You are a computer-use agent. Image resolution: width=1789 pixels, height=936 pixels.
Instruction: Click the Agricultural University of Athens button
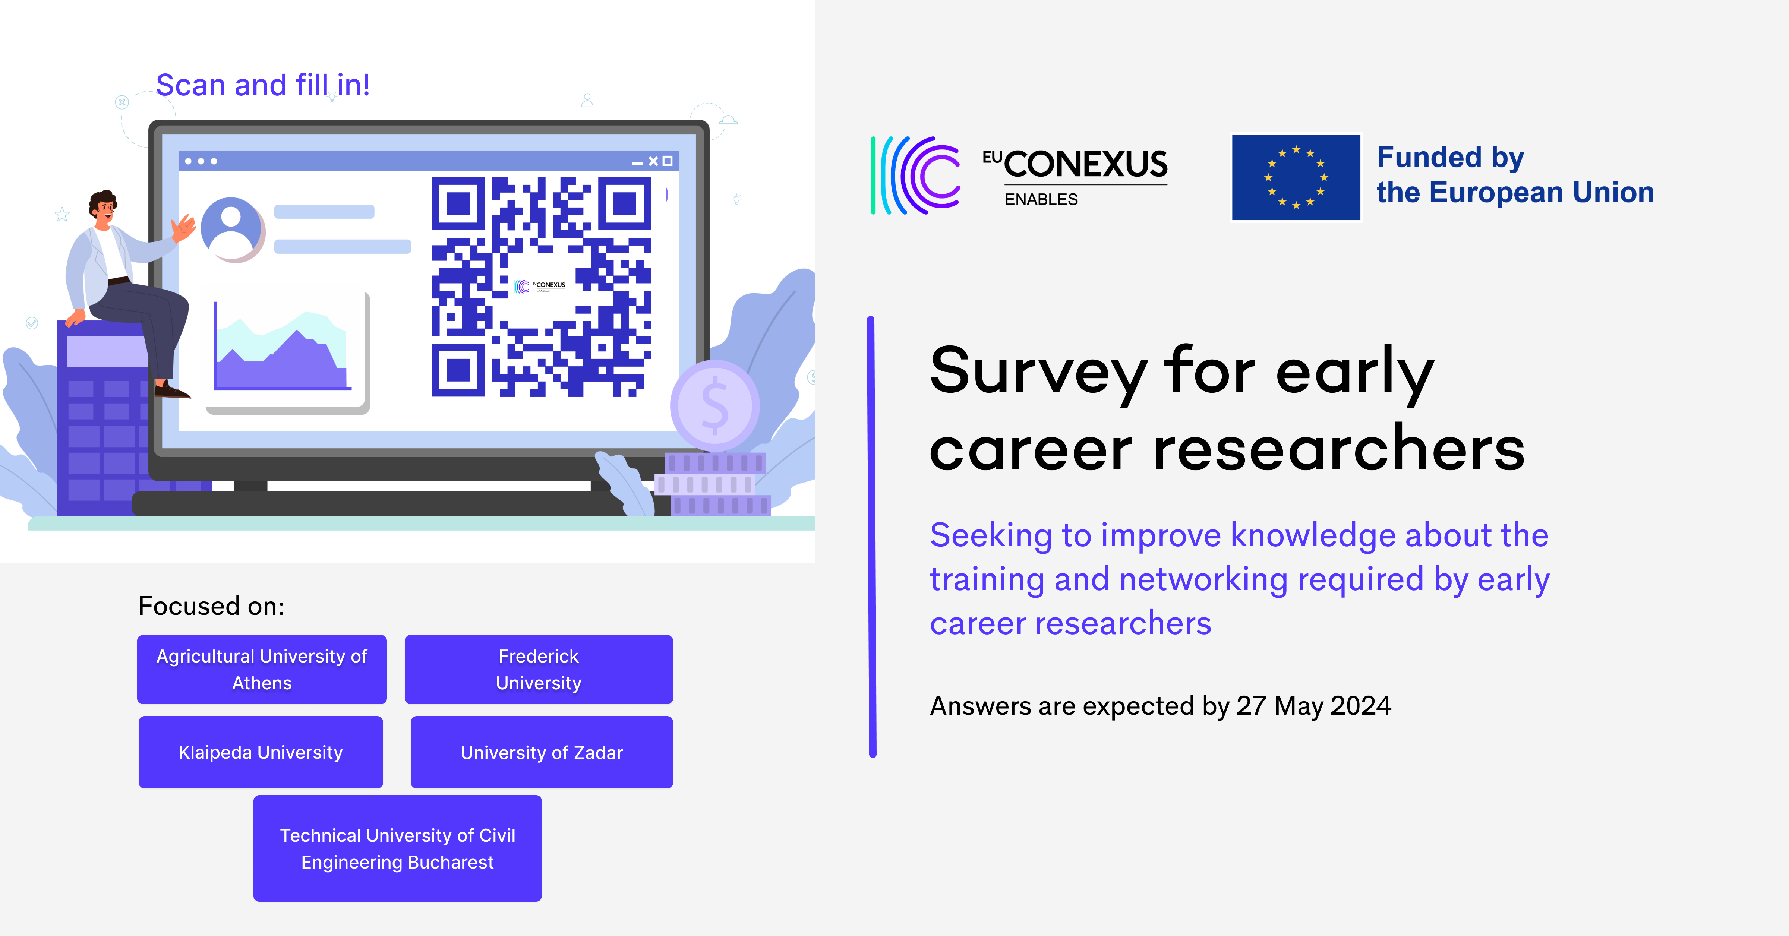262,669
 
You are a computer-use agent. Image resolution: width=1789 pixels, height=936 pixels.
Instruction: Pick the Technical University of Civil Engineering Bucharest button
397,848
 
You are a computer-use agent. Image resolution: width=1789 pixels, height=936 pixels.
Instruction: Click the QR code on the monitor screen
541,286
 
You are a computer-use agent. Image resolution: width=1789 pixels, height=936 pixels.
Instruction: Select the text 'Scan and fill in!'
262,85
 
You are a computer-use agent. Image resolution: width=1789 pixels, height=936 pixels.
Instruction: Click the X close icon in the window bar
653,161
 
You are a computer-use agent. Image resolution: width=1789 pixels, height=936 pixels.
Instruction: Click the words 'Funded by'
1450,158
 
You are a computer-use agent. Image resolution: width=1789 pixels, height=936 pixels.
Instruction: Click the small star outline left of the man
62,215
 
